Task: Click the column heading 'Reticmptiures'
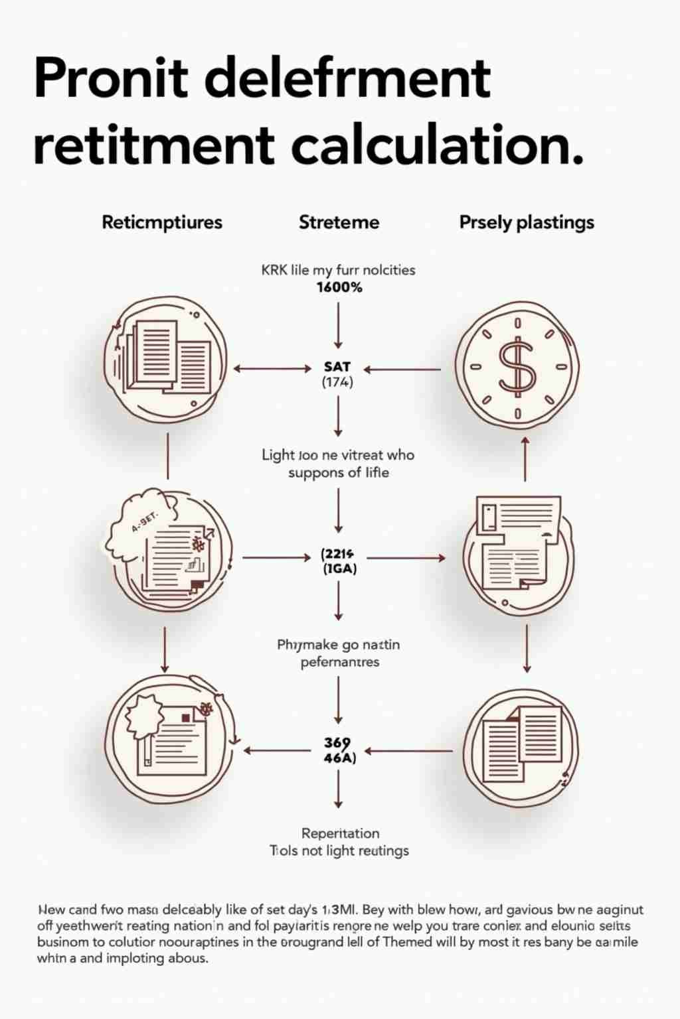162,222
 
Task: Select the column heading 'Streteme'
339,222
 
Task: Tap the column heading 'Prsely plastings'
527,222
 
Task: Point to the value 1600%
339,287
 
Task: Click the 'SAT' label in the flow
337,366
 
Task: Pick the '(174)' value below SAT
337,382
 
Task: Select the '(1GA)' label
339,569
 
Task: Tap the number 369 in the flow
337,742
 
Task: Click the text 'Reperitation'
340,833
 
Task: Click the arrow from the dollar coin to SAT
402,369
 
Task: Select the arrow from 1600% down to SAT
339,325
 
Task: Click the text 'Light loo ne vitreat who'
338,455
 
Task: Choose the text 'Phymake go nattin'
339,645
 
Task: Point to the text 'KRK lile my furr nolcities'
339,270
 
